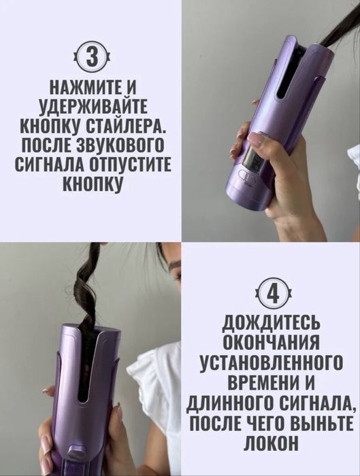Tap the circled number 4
(x=272, y=294)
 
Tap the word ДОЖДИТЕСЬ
(x=272, y=322)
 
